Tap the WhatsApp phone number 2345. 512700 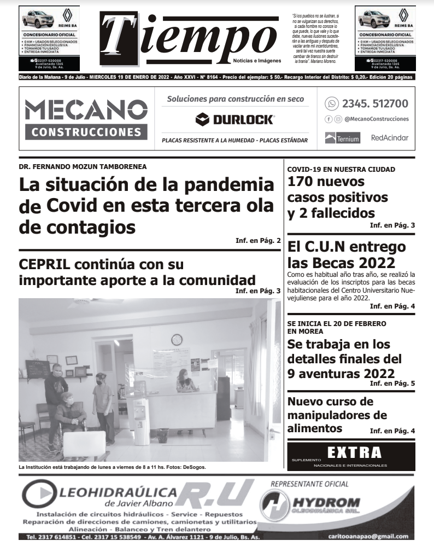click(374, 103)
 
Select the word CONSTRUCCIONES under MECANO click(86, 132)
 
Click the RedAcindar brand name click(389, 138)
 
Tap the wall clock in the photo click(177, 339)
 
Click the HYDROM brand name click(327, 502)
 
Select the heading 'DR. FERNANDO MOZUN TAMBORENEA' click(83, 166)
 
